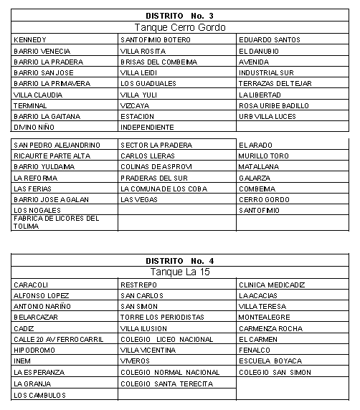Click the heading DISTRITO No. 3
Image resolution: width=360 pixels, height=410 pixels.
179,16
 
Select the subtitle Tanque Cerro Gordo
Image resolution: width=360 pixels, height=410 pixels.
180,27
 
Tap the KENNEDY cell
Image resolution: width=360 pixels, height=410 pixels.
30,39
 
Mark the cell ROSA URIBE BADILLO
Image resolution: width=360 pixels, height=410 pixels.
274,105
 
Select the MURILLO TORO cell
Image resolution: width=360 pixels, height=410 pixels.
264,156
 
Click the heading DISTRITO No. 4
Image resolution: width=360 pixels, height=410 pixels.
179,262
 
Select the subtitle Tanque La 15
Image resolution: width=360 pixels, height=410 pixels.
179,273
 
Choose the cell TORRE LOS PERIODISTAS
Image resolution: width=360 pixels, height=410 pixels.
158,318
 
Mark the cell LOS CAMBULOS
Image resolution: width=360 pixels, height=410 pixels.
39,395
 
